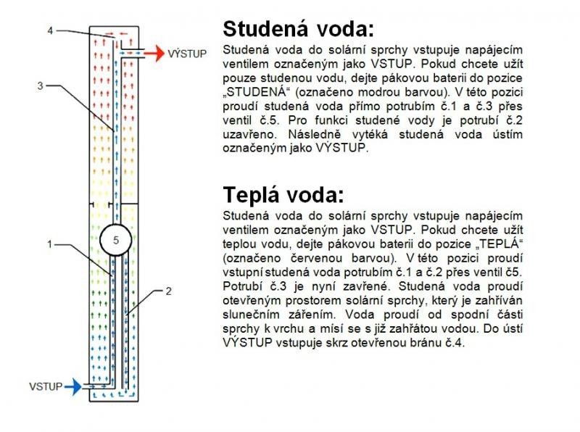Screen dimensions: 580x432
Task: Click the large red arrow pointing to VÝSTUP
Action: pyautogui.click(x=154, y=54)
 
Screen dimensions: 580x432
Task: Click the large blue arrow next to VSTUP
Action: pyautogui.click(x=73, y=387)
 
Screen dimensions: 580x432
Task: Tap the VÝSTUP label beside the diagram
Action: pyautogui.click(x=187, y=54)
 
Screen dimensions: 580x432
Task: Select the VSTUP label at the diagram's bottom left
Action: pyautogui.click(x=46, y=387)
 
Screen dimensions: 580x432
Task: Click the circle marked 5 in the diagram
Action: pyautogui.click(x=116, y=240)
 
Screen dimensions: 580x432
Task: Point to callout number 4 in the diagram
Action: pyautogui.click(x=50, y=30)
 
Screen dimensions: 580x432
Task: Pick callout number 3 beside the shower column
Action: pyautogui.click(x=41, y=86)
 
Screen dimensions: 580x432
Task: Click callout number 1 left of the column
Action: pyautogui.click(x=49, y=244)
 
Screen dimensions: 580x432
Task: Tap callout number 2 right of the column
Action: pyautogui.click(x=169, y=291)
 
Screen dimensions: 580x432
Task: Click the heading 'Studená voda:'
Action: pyautogui.click(x=298, y=29)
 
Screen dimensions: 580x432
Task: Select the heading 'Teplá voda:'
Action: pyautogui.click(x=283, y=194)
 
